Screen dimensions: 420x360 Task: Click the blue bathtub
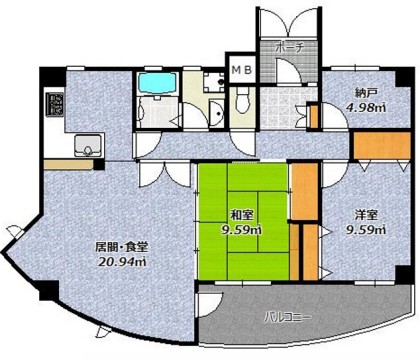point(157,83)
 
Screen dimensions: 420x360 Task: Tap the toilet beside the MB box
point(242,100)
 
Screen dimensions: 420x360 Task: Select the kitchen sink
point(88,145)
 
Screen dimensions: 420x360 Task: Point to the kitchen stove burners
point(55,104)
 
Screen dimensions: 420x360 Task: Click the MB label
point(243,70)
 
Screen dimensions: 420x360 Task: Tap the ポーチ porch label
point(289,48)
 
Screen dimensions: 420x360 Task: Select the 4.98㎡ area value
point(365,108)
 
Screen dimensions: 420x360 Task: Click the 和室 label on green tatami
point(242,215)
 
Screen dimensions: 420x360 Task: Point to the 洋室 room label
point(366,215)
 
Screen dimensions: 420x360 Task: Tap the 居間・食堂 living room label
point(121,247)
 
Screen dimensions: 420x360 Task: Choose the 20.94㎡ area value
point(122,262)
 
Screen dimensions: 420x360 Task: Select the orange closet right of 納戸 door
point(382,146)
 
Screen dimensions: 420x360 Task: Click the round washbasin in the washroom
point(217,112)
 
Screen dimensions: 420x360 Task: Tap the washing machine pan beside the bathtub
point(214,83)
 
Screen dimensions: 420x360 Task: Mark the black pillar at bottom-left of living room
point(49,290)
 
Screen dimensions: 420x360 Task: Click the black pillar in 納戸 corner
point(403,77)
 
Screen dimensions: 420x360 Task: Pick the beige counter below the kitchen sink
point(69,165)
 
